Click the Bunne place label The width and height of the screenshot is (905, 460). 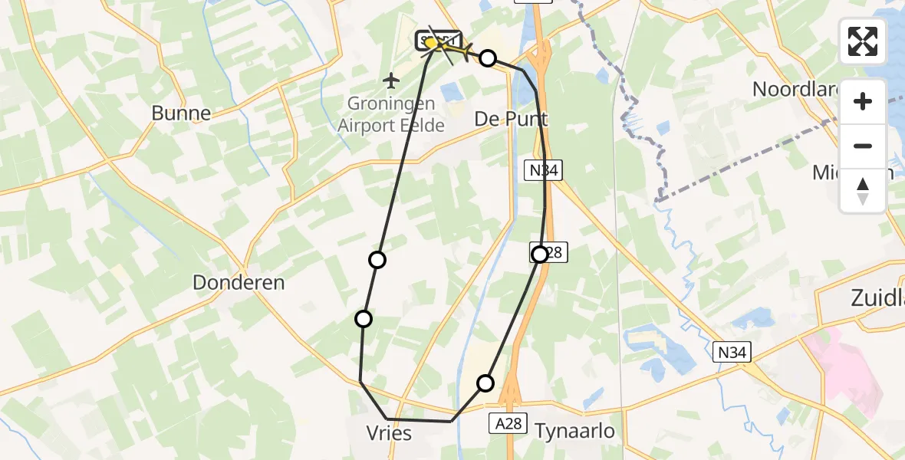[x=181, y=113]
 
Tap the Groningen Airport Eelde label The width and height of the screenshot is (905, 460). [x=391, y=114]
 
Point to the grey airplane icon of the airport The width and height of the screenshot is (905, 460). [x=391, y=80]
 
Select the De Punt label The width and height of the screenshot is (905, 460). [x=512, y=119]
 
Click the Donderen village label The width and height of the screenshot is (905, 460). [x=239, y=282]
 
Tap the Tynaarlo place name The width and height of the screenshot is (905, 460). [x=575, y=431]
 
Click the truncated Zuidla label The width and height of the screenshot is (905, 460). [x=877, y=299]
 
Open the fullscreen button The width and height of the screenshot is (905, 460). [x=863, y=41]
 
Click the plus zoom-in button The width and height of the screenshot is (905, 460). [x=863, y=101]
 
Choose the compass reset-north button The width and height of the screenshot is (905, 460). [x=863, y=190]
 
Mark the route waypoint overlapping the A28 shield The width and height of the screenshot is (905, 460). [x=541, y=254]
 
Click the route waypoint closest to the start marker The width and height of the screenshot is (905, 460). [x=488, y=58]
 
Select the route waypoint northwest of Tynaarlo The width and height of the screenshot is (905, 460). [x=485, y=383]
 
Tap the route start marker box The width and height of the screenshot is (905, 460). [x=438, y=41]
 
